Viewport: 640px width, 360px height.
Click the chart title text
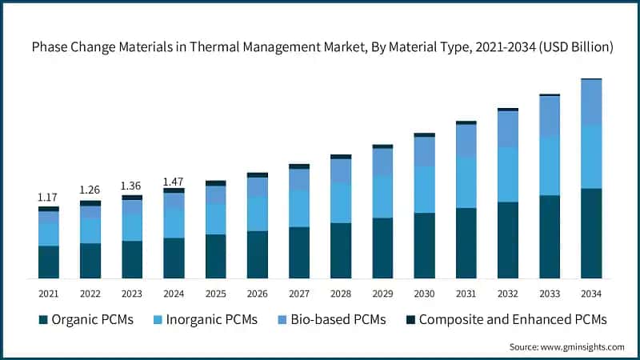[322, 48]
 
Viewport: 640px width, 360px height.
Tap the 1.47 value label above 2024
[174, 182]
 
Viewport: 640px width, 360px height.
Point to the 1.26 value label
[90, 190]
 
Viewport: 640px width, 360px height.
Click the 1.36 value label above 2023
[132, 186]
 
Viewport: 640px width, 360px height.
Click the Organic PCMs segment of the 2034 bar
[590, 233]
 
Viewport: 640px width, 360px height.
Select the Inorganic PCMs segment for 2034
[590, 157]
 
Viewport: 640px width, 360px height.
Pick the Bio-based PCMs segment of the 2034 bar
[590, 102]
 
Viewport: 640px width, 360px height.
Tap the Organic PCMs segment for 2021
[49, 262]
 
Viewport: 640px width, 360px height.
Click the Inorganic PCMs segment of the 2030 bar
[424, 190]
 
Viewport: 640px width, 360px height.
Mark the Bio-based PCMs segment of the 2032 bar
[507, 129]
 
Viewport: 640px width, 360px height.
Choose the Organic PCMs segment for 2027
[299, 252]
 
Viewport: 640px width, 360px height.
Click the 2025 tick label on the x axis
[215, 294]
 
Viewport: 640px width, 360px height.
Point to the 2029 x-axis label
[382, 294]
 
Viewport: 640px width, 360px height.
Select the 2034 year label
[590, 294]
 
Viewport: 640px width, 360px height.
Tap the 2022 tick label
[90, 294]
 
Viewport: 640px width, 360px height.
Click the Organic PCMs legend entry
[86, 320]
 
